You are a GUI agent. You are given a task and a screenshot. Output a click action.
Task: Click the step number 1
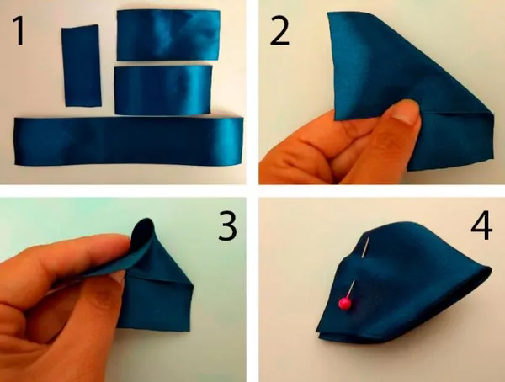pos(19,31)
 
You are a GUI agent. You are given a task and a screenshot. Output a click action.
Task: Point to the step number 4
pos(481,225)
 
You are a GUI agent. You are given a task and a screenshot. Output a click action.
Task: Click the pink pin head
pos(344,303)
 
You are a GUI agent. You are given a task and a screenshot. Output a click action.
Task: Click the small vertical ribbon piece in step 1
pos(82,66)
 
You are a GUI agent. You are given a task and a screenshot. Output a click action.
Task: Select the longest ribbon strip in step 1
pos(129,141)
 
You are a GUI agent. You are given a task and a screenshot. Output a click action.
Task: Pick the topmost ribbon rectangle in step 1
pos(168,34)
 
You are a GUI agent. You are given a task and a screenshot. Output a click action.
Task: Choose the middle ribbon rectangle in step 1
pos(163,90)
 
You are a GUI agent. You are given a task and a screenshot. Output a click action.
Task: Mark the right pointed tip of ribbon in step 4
pos(490,268)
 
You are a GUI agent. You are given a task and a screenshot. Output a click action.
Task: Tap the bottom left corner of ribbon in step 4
pos(318,336)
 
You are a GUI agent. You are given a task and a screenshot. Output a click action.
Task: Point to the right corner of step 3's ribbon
pos(192,285)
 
